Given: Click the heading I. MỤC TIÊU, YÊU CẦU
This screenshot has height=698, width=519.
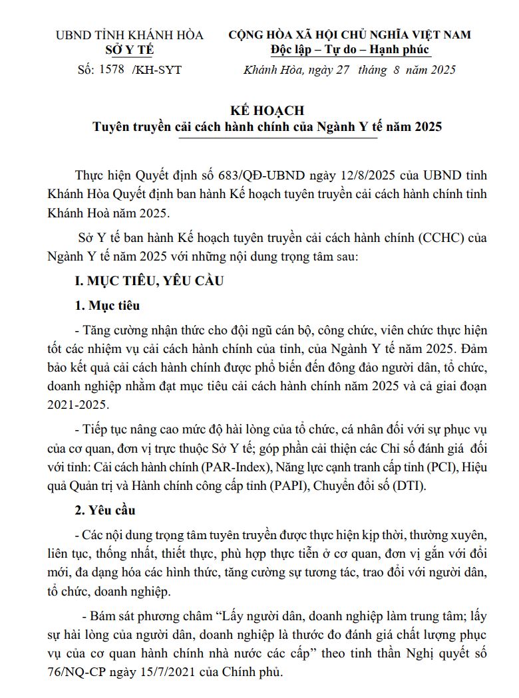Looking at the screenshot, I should (x=148, y=281).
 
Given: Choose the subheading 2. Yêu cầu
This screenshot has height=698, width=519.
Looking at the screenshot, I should (x=106, y=510).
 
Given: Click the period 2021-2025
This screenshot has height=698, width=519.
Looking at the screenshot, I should (x=77, y=403).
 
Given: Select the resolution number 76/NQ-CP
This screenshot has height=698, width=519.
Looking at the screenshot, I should (x=77, y=672).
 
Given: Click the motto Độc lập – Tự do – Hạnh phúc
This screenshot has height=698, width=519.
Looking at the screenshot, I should (x=350, y=49).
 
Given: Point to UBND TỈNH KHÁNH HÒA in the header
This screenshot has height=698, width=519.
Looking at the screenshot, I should (x=129, y=35).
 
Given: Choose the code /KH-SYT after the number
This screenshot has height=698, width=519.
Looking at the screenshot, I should (x=157, y=69).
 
